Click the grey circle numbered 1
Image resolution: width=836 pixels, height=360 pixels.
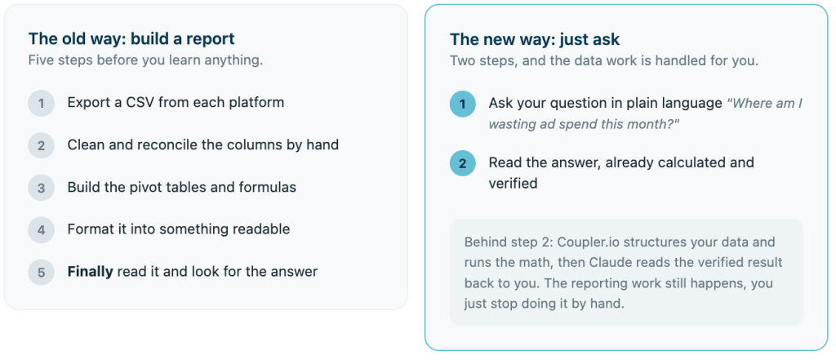[41, 103]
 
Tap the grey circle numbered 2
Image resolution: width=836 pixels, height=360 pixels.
[41, 145]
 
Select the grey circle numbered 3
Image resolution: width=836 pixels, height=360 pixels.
[41, 188]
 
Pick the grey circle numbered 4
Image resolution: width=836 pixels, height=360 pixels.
[41, 230]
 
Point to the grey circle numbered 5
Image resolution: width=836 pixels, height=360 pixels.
[41, 273]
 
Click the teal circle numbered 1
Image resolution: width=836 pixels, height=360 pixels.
[462, 104]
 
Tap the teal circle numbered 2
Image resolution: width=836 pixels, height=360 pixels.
[462, 163]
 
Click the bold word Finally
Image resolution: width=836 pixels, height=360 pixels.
[90, 272]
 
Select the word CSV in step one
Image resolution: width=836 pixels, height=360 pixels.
[140, 102]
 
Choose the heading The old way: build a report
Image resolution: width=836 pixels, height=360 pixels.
[131, 39]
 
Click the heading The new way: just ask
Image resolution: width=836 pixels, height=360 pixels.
[535, 40]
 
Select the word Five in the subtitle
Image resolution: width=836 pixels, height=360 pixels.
[40, 60]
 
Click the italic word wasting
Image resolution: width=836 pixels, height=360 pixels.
[509, 124]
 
